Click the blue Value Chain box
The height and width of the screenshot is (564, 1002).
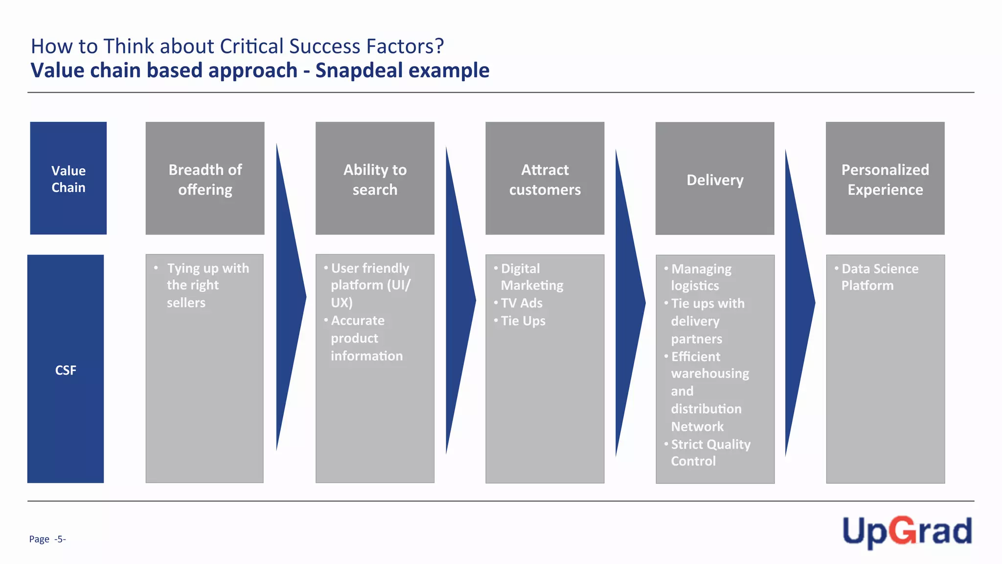68,178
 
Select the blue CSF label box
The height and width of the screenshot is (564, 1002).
66,369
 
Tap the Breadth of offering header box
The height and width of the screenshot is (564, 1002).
205,179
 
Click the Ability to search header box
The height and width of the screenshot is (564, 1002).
375,179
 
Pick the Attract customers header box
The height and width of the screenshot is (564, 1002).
545,179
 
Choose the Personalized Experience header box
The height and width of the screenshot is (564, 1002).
885,179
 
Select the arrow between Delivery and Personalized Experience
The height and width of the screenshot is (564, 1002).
798,303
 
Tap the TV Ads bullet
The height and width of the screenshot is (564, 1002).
522,303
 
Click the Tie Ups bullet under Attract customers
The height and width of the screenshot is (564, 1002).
523,321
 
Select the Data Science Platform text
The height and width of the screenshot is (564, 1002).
879,277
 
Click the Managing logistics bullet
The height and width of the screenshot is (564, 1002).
701,277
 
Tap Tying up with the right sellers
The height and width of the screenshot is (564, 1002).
207,285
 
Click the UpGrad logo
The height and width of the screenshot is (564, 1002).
907,532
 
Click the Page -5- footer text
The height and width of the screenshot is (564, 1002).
47,539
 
